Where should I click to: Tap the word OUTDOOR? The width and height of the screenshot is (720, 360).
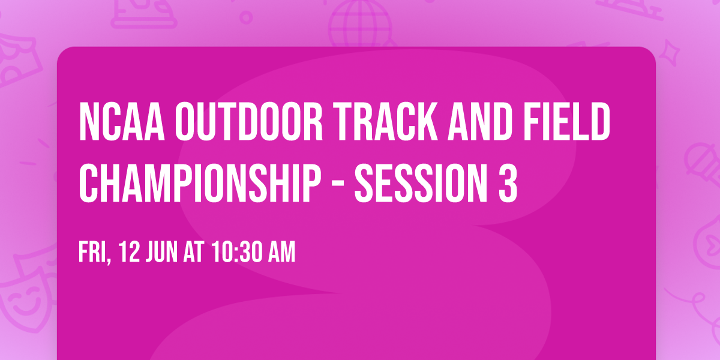pos(249,121)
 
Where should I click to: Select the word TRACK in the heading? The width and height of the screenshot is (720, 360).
pos(385,121)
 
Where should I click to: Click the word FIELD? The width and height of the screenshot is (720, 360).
pos(567,121)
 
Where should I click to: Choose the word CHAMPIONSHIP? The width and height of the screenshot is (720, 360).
pos(200,183)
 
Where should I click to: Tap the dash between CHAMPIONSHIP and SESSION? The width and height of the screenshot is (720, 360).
pos(337,185)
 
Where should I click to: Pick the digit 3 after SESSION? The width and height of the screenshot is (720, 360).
pos(508,183)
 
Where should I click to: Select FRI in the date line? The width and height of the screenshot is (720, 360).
pos(95,253)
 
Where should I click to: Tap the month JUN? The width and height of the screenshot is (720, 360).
pos(161,252)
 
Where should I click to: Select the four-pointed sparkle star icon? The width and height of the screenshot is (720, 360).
pos(670,53)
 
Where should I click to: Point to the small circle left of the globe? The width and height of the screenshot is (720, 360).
pos(246,17)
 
